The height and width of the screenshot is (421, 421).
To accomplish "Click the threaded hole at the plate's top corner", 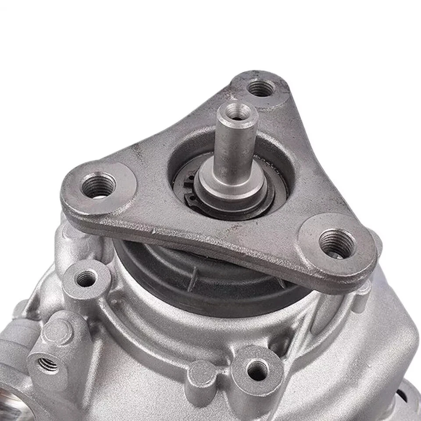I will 260,89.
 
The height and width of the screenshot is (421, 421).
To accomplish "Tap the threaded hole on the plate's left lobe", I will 99,186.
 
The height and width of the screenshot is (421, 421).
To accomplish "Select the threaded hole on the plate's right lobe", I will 337,243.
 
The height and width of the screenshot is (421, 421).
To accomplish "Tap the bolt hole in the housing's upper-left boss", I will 86,278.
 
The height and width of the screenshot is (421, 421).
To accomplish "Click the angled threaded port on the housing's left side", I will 48,364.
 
